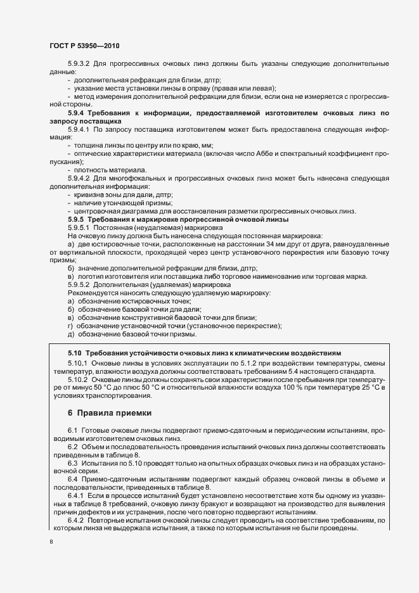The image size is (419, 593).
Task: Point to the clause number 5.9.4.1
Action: click(x=79, y=129)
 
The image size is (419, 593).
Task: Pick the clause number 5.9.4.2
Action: click(x=79, y=179)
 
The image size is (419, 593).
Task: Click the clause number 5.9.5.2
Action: click(x=79, y=285)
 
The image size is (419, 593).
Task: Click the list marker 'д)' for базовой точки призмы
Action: click(x=70, y=335)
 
